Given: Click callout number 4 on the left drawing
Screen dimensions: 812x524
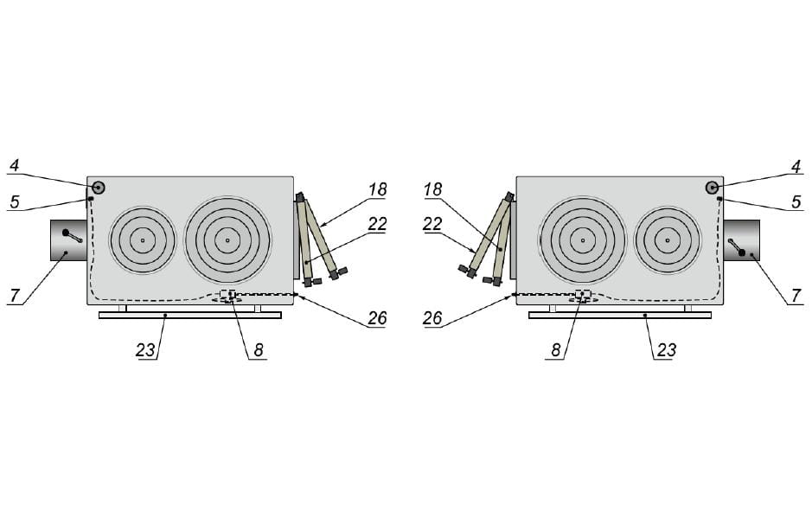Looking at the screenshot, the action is tap(14, 166).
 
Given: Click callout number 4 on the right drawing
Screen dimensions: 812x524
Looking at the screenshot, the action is tap(796, 167).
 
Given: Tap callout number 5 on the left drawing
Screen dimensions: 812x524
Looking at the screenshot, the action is tap(15, 201).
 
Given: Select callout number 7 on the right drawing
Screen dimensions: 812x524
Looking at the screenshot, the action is tap(796, 297).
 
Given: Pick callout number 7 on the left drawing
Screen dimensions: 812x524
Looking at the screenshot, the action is tap(15, 297).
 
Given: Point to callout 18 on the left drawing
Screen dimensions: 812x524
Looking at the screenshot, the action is tap(378, 189).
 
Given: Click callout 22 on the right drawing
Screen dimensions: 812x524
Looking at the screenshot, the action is tap(433, 224).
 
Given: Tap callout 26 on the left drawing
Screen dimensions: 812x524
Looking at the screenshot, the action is tap(378, 317).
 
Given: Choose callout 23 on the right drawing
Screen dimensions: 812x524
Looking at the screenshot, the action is tap(666, 350).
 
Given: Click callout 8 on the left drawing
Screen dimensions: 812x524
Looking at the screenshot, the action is tap(259, 350).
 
